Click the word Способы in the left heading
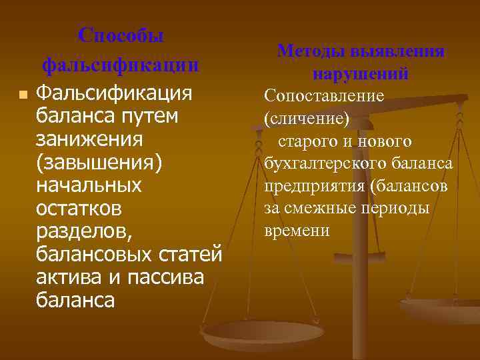click(120, 35)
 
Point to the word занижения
click(90, 139)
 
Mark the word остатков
click(79, 209)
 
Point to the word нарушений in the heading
click(360, 74)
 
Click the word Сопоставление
click(324, 96)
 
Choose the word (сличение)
click(307, 119)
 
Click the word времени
click(297, 231)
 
